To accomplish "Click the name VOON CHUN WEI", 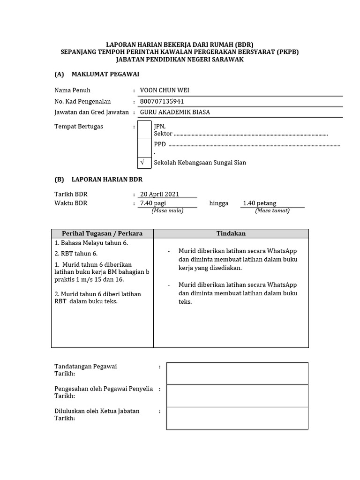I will (x=164, y=90).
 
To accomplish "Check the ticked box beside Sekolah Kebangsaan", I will (x=144, y=163).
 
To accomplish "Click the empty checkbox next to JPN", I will (x=144, y=129).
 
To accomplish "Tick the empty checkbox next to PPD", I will (x=144, y=147).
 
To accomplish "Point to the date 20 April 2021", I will (x=159, y=194).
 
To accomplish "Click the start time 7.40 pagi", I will (x=153, y=203).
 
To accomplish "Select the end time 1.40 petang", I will (x=259, y=203).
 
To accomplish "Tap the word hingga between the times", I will (x=219, y=203).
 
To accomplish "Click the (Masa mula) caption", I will (x=167, y=210).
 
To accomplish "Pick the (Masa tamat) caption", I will (x=272, y=210).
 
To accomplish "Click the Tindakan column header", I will (x=231, y=233).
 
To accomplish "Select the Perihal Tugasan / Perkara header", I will (x=102, y=233).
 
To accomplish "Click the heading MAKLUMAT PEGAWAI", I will (x=105, y=74).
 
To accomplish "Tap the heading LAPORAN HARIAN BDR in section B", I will (x=107, y=179).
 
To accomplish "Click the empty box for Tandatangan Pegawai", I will (x=237, y=373).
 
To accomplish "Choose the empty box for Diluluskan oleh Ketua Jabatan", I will (x=237, y=418).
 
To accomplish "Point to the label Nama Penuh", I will (x=72, y=90).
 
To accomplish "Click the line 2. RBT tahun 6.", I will (x=76, y=254).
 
